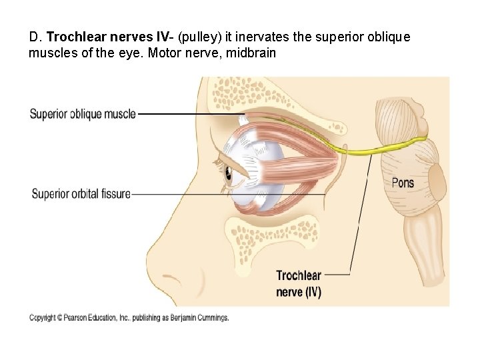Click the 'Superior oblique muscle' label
coord(83,114)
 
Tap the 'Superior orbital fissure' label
coord(81,194)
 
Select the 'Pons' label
coord(402,183)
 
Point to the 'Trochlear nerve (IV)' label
coord(298,283)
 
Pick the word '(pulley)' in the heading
coord(197,37)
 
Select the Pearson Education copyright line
coord(129,318)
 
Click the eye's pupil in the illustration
coord(228,175)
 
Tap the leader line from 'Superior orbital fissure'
coord(227,194)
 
